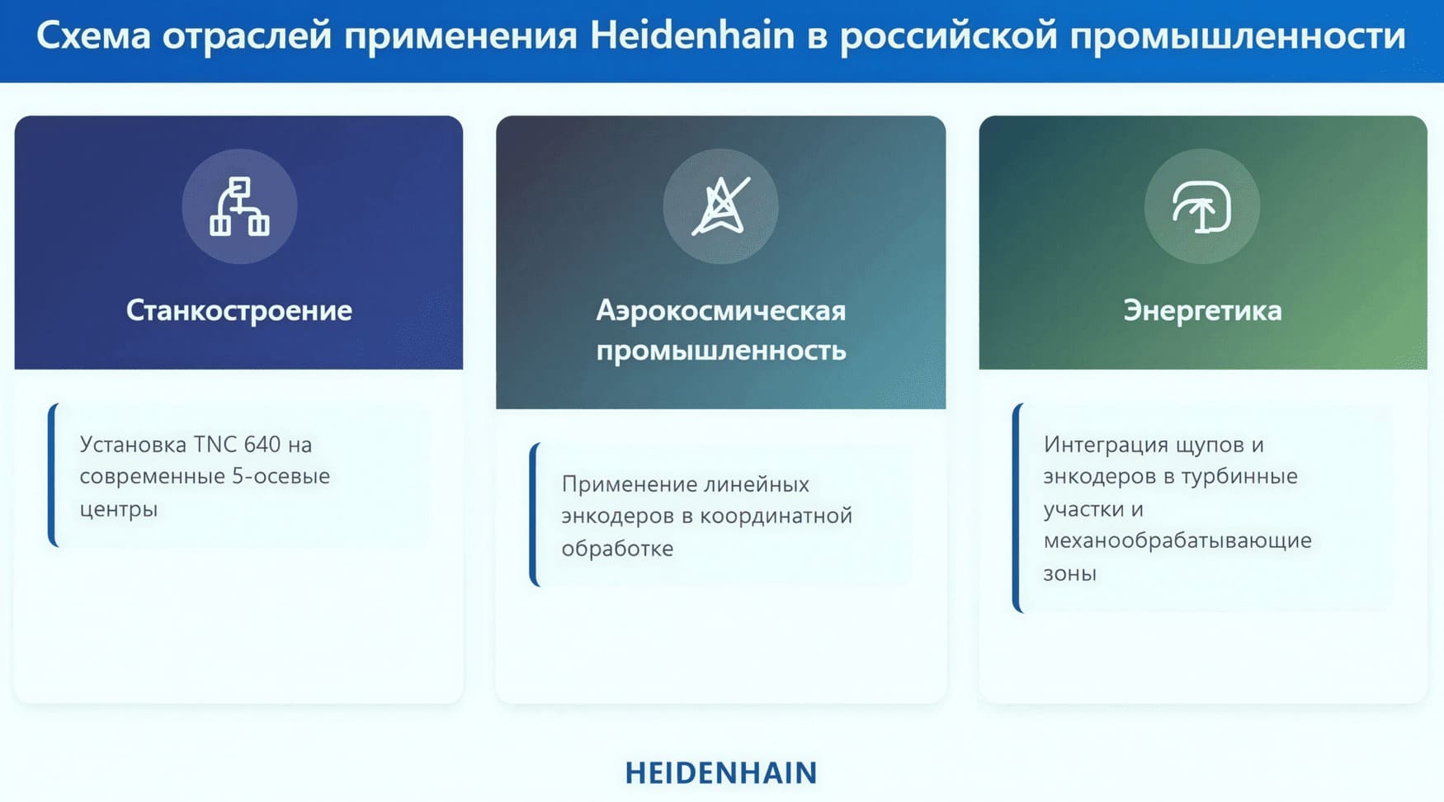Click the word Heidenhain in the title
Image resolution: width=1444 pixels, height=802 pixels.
[x=692, y=35]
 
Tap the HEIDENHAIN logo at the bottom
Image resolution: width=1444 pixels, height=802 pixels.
[x=721, y=773]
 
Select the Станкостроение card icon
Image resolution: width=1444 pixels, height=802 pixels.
[x=239, y=206]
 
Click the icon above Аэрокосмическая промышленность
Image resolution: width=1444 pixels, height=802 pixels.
[x=721, y=206]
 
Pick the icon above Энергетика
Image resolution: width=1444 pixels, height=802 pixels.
[x=1202, y=206]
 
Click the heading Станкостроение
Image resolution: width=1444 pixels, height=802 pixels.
[x=239, y=310]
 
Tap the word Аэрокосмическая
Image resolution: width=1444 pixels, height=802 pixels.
[x=721, y=310]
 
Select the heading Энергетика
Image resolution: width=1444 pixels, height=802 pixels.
[x=1202, y=310]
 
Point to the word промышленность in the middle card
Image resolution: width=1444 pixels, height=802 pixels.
[x=721, y=351]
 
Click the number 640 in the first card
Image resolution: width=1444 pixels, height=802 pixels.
[x=262, y=445]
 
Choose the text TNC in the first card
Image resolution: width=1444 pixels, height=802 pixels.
[x=215, y=445]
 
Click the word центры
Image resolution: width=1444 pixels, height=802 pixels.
[x=119, y=510]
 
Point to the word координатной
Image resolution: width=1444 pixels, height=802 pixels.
[x=776, y=517]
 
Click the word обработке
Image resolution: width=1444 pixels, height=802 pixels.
[x=617, y=549]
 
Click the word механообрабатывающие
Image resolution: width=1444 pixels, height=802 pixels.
[x=1177, y=540]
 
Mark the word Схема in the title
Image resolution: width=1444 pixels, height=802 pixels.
[x=93, y=35]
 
